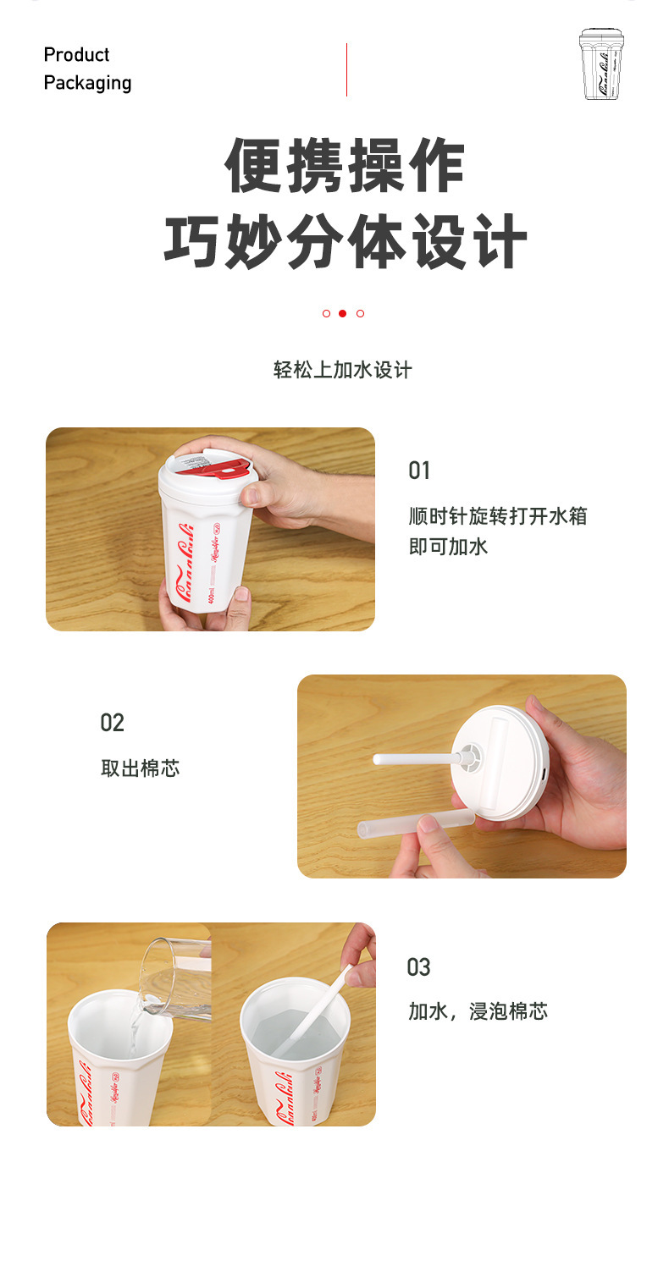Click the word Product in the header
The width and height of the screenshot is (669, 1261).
point(76,55)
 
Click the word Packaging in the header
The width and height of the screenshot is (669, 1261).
point(87,83)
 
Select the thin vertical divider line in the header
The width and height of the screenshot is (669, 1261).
point(346,69)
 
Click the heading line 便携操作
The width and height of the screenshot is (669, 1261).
point(345,166)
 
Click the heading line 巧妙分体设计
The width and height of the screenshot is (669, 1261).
point(345,241)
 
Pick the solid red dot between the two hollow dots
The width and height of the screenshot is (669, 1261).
point(342,313)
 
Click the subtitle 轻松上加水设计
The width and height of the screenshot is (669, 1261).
point(342,370)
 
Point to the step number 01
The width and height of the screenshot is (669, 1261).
point(419,471)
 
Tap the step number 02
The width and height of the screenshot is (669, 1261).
point(112,723)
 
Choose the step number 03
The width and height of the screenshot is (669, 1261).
point(418,967)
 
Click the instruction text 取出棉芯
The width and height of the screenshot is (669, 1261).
point(140,768)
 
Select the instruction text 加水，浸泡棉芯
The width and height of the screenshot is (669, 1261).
point(478,1011)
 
